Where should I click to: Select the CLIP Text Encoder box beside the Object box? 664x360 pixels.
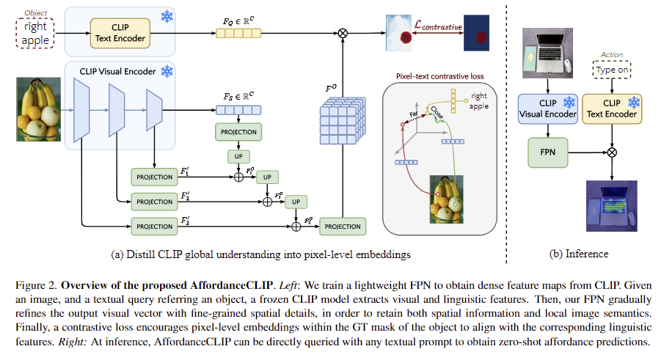120,32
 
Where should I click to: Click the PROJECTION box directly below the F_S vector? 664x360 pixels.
237,132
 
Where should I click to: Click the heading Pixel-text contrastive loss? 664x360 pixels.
439,76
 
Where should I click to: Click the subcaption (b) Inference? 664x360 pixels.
578,254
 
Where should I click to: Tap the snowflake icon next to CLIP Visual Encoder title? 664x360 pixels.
167,71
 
